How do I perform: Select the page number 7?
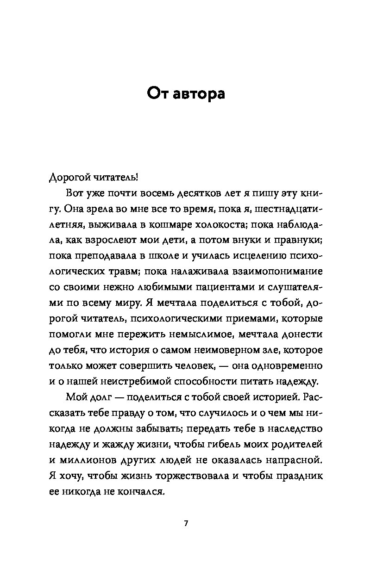pyautogui.click(x=186, y=524)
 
